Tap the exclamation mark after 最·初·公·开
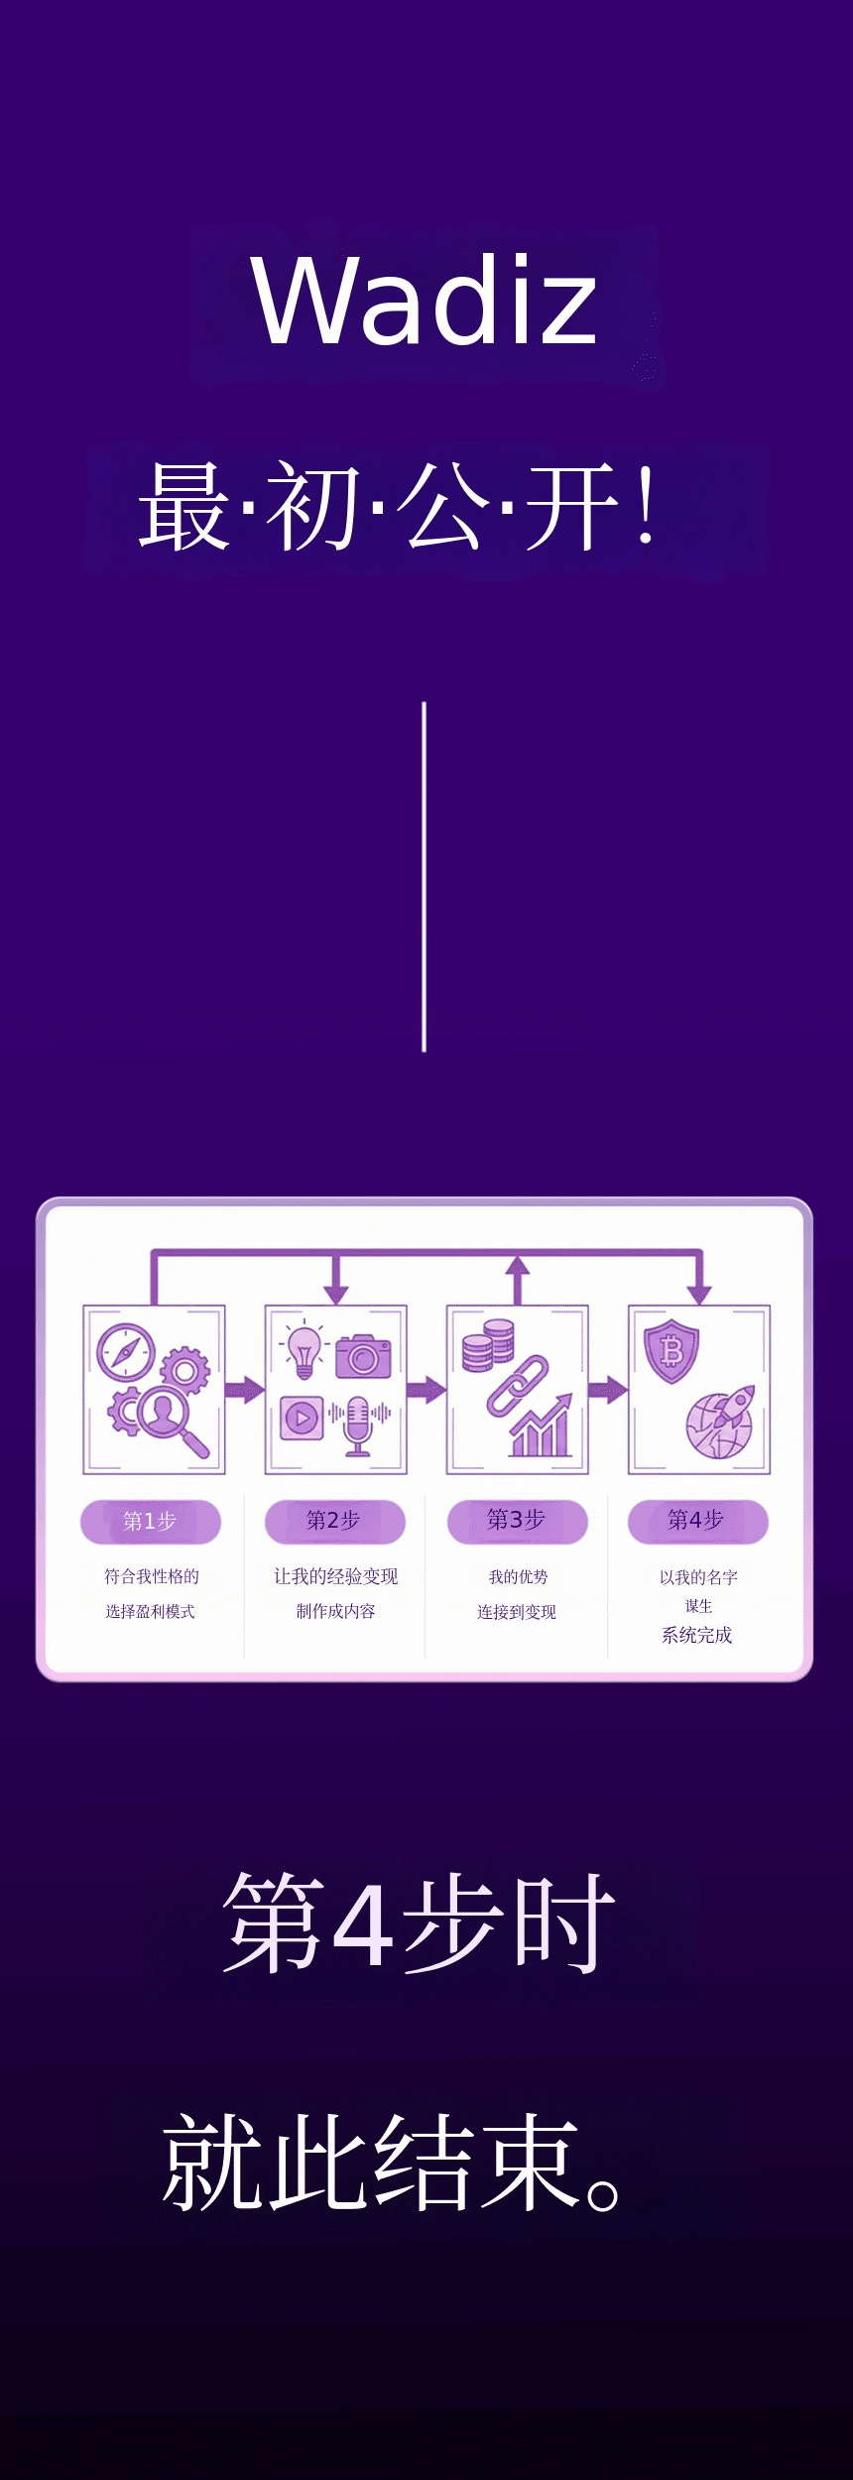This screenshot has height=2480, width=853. (646, 507)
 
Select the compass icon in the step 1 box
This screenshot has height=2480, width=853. (126, 1352)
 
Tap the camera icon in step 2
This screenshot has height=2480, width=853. (363, 1356)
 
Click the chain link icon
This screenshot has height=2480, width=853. (518, 1386)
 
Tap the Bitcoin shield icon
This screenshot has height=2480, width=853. (671, 1350)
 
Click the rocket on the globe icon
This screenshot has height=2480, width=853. (721, 1423)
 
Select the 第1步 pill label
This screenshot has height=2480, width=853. (150, 1522)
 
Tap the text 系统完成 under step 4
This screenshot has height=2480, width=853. (697, 1635)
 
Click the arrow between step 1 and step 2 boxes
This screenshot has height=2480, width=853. (244, 1389)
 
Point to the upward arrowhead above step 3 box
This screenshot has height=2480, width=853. (517, 1265)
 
